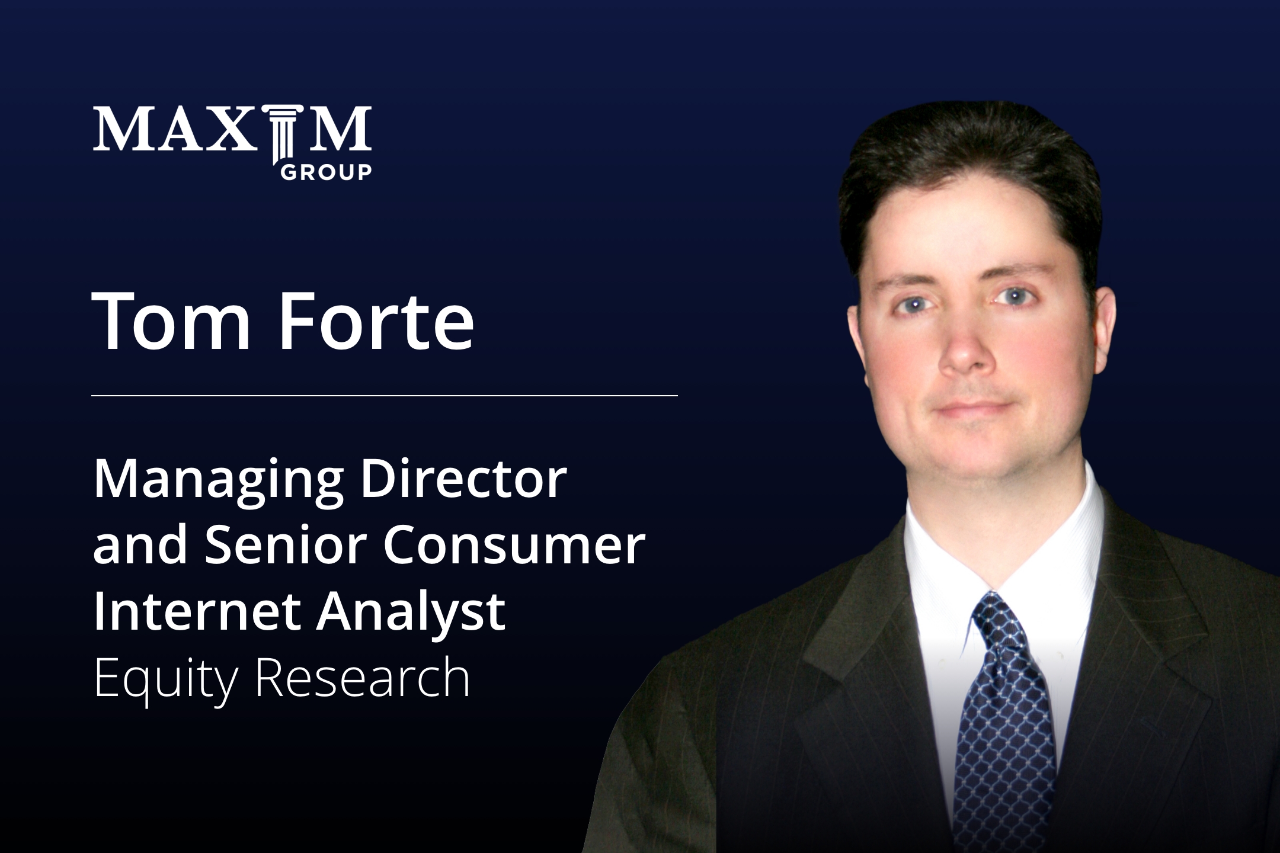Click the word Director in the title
tap(463, 479)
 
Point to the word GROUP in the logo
tap(325, 172)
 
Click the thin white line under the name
tap(385, 395)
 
